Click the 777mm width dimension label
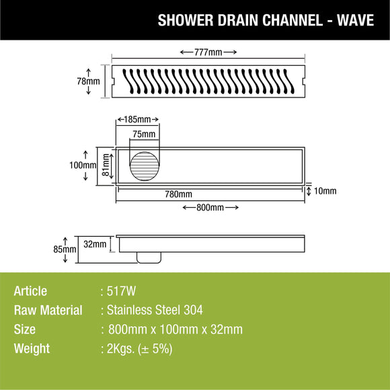click(208, 52)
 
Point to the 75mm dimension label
click(143, 134)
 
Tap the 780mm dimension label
click(178, 194)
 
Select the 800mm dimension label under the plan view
click(210, 207)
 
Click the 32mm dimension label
click(95, 244)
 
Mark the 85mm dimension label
click(66, 249)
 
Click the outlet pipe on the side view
click(149, 256)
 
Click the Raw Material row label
click(48, 310)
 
